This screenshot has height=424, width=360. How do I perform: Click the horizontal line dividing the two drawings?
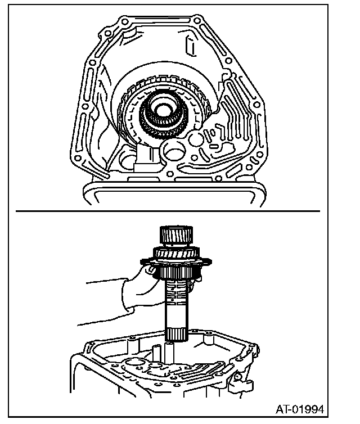point(169,211)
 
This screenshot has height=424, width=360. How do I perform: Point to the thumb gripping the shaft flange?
point(151,272)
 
